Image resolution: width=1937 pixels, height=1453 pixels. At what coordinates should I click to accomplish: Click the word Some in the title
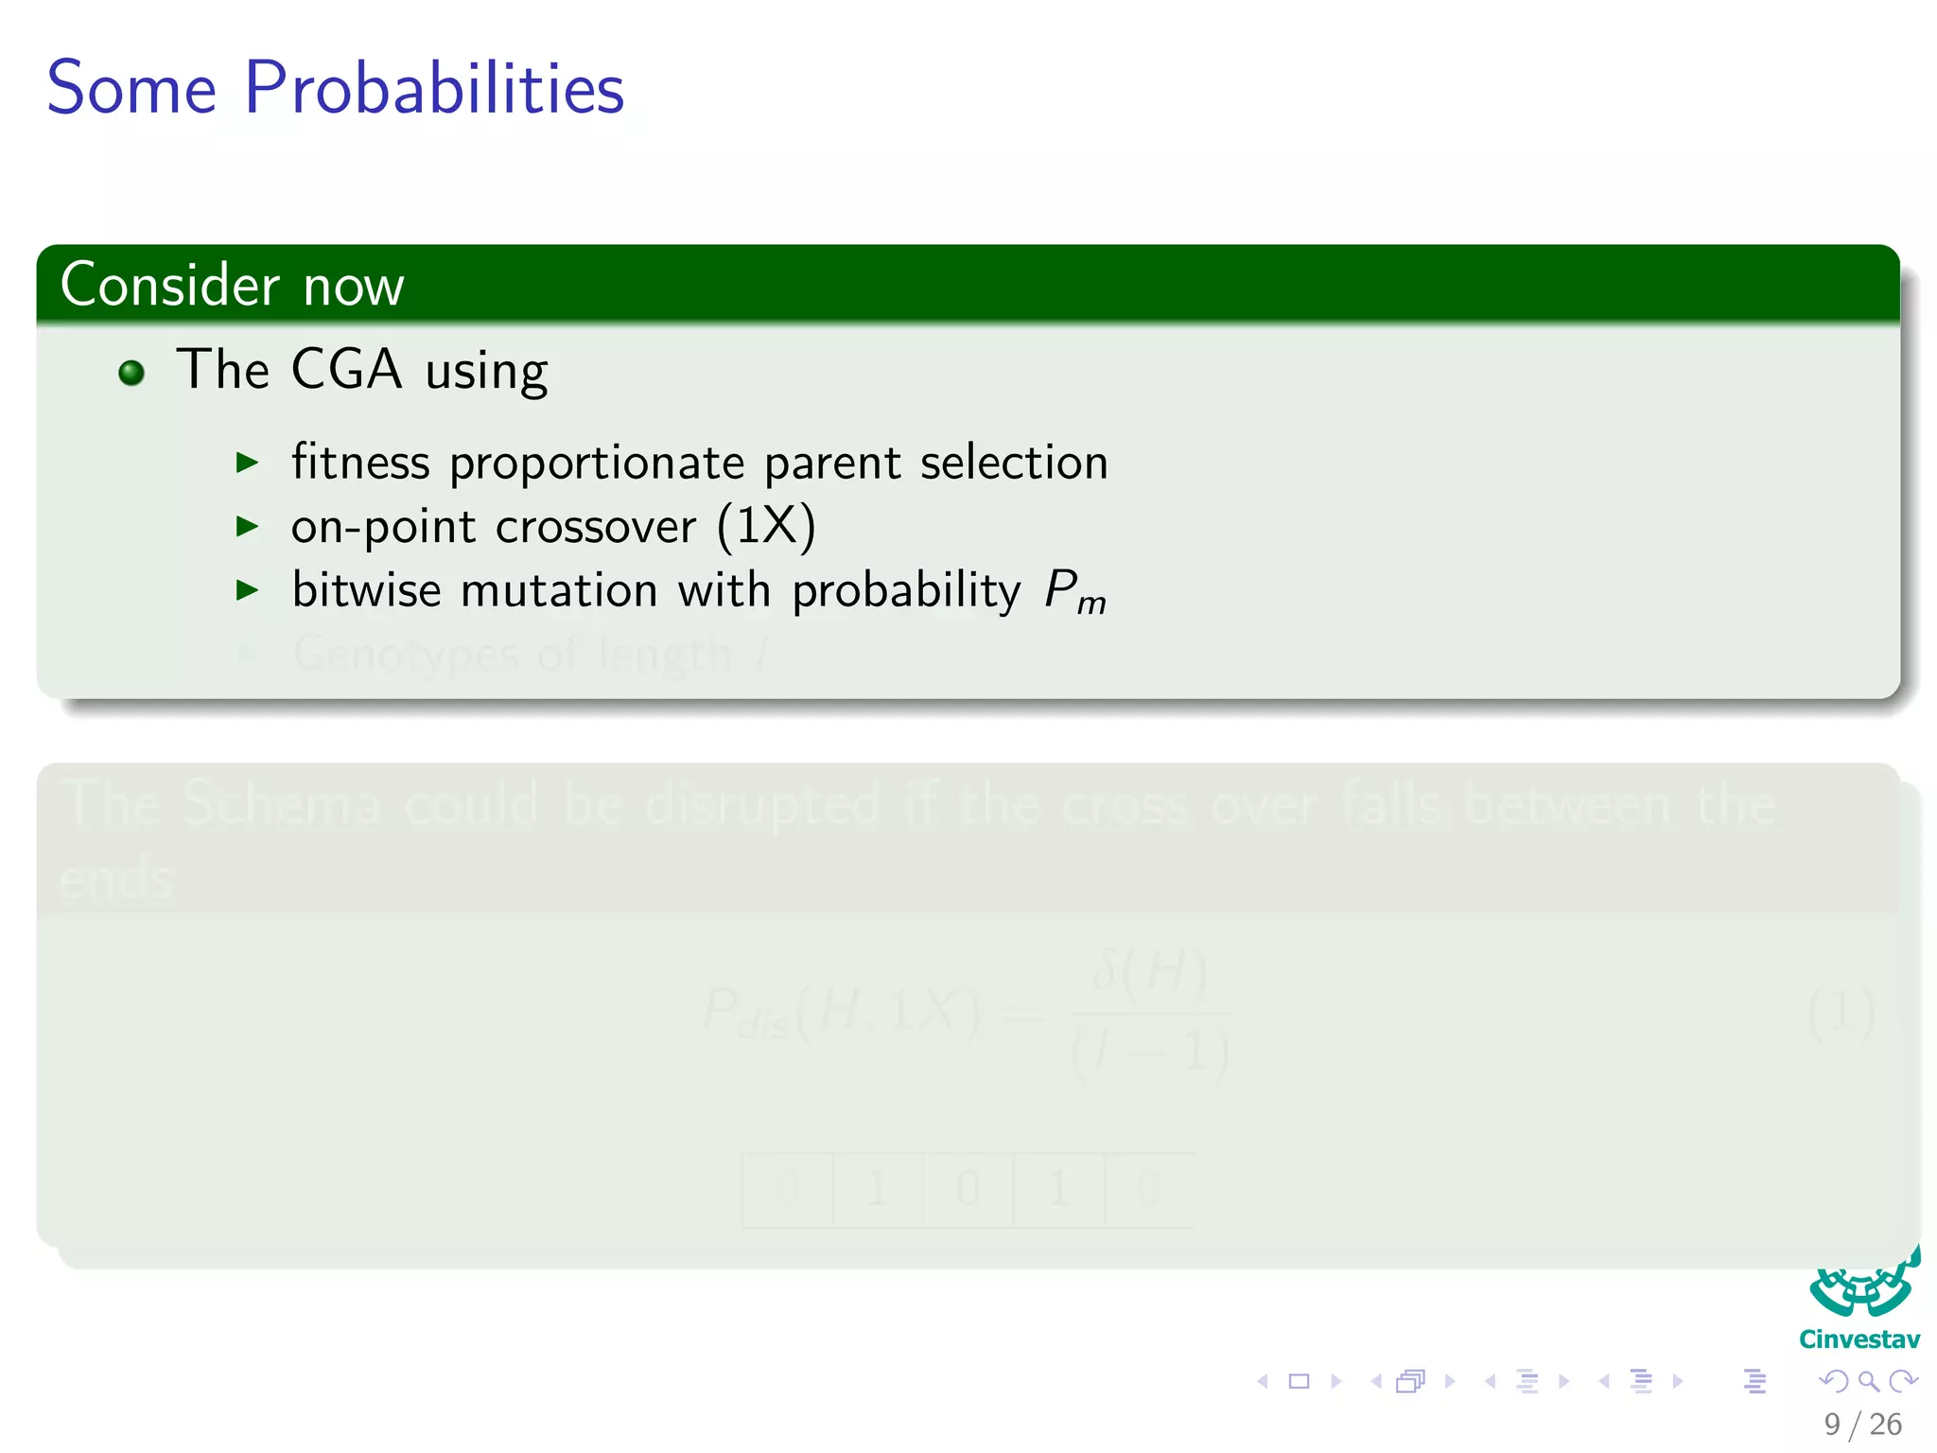pos(131,88)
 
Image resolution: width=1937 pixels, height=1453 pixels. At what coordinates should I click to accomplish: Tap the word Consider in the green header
pos(170,285)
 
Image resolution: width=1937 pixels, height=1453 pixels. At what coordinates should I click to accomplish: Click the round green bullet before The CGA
pos(131,373)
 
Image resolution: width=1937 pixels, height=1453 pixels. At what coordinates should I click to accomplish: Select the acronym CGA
pos(346,369)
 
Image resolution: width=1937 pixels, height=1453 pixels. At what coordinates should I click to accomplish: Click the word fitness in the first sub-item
pos(360,463)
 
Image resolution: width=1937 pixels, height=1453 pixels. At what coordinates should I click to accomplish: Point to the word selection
pos(1013,463)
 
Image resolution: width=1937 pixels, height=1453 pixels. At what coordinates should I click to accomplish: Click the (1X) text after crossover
pos(766,526)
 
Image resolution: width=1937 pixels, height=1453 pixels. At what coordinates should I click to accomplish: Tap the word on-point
pos(383,528)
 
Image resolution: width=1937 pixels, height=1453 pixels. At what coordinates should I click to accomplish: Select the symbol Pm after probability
pos(1074,593)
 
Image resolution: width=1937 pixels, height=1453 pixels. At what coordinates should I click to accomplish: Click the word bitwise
pos(366,590)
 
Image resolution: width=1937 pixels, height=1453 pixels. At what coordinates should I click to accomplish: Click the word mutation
pos(559,590)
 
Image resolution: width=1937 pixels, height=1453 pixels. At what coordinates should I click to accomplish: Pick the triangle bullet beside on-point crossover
pos(247,527)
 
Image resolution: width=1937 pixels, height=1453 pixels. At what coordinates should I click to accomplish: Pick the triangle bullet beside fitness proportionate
pos(247,463)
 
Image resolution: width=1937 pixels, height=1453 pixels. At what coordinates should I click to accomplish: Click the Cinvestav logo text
pos(1858,1339)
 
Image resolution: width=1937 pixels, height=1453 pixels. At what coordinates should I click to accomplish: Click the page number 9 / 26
pos(1862,1424)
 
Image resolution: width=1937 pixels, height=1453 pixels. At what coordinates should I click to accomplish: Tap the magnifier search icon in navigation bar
pos(1868,1381)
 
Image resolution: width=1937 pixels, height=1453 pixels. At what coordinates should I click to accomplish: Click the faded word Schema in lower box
pos(281,804)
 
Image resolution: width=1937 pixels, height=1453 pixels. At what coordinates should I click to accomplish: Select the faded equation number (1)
pos(1841,1013)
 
